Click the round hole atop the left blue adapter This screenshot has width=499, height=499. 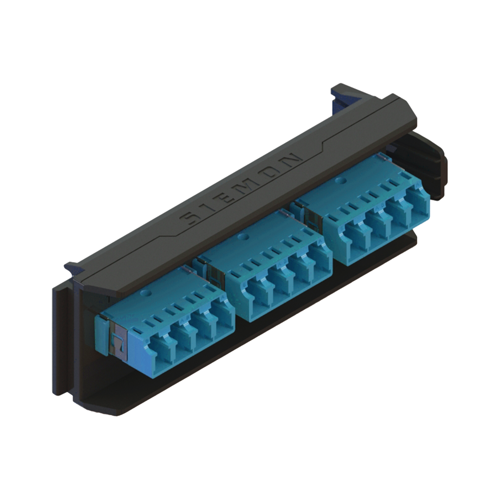(x=147, y=292)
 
